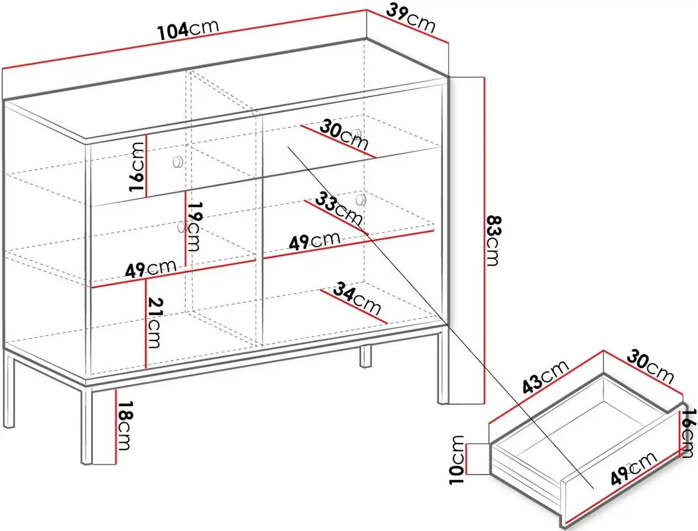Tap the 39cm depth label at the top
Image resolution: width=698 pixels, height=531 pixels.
411,18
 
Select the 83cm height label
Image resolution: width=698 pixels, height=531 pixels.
494,240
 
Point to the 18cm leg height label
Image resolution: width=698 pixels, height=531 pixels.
124,426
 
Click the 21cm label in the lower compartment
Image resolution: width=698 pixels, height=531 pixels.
154,323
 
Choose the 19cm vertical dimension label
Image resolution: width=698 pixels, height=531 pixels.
193,227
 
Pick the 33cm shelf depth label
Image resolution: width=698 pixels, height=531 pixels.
339,208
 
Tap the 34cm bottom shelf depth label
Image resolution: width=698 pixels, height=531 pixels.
357,298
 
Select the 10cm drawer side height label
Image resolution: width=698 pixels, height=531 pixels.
457,460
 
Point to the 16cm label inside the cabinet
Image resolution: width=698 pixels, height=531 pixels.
137,167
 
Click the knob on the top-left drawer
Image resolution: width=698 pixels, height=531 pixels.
177,161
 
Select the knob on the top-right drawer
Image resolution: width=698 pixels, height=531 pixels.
356,133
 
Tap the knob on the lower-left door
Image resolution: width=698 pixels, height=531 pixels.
181,227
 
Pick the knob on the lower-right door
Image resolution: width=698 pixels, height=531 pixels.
361,199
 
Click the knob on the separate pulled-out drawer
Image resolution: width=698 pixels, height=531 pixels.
628,468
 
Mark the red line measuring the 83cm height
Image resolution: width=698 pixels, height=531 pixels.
484,240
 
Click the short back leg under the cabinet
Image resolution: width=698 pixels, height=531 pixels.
365,357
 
